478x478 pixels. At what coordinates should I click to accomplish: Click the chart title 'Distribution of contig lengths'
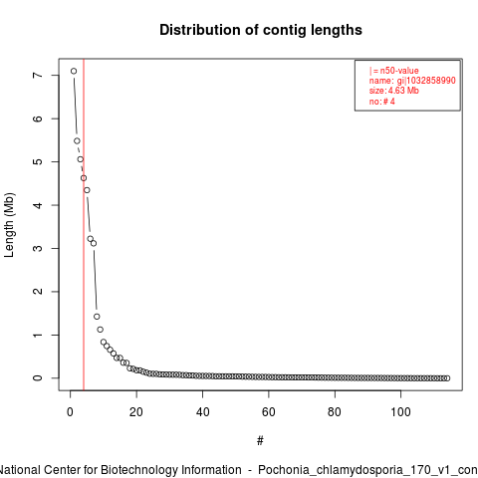coord(261,30)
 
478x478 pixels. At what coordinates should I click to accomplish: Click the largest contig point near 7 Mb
coord(74,71)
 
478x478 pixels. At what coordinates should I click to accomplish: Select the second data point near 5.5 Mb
coord(77,141)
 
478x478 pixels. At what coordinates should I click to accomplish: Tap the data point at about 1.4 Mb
coord(97,317)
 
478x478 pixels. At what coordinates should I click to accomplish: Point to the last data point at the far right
coord(447,378)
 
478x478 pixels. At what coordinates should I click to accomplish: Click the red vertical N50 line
coord(84,224)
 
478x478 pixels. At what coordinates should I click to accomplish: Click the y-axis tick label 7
coord(38,76)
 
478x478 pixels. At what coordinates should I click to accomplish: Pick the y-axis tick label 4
coord(38,205)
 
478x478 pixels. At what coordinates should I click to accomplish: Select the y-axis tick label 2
coord(38,292)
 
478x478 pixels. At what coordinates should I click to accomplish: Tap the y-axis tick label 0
coord(38,378)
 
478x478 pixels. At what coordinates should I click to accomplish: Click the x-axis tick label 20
coord(136,412)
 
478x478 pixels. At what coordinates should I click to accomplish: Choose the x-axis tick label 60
coord(269,412)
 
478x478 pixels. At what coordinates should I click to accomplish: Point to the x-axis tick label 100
coord(400,412)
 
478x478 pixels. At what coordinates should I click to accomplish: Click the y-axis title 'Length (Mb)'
coord(9,225)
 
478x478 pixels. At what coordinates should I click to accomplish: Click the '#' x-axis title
coord(260,441)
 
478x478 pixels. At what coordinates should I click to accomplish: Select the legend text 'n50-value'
coord(399,71)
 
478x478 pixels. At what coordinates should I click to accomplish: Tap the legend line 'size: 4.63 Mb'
coord(394,91)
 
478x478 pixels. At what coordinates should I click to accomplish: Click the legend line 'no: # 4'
coord(382,102)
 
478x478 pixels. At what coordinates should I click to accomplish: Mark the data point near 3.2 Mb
coord(91,239)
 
